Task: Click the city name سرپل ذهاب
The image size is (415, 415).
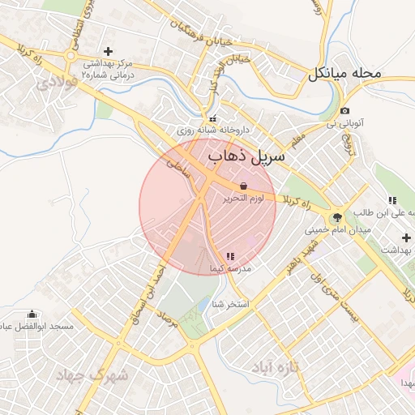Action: [x=246, y=156]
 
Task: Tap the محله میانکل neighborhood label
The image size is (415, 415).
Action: [x=344, y=74]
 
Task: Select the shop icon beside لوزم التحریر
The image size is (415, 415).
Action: [x=244, y=186]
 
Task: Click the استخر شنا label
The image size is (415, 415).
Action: [x=229, y=305]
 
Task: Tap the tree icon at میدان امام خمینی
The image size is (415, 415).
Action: [x=336, y=217]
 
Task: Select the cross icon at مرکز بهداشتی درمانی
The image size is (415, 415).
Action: [x=108, y=51]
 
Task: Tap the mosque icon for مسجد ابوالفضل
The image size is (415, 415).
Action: [x=32, y=314]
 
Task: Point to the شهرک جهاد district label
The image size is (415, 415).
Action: [x=94, y=375]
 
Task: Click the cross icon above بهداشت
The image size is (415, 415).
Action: [x=406, y=237]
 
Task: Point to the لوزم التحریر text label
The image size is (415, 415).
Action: [x=242, y=198]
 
